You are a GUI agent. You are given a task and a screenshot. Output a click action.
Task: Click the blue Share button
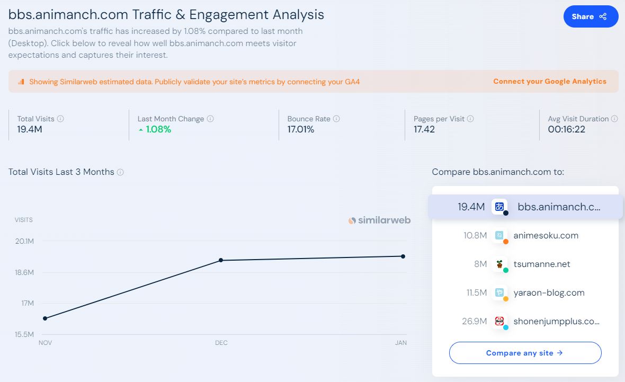coord(591,16)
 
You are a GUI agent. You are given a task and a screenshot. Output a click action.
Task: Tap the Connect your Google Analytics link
coord(549,82)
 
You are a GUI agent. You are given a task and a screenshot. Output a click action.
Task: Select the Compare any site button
coord(525,353)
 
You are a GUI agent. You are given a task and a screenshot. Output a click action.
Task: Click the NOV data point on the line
coord(45,318)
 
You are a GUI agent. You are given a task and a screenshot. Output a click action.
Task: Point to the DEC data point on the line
coord(221,260)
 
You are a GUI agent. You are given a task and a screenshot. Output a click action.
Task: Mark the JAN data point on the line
coord(403,256)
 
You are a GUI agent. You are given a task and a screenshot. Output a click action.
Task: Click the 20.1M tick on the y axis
coord(24,242)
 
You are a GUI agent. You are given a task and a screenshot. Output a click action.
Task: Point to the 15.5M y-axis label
coord(24,335)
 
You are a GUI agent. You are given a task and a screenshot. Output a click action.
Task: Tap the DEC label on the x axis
coord(221,343)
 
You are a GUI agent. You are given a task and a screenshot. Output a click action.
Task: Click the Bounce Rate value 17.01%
coord(300,129)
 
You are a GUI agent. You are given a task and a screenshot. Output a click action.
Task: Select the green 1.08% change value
coord(158,129)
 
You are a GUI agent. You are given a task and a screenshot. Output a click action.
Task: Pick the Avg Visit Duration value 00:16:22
coord(566,129)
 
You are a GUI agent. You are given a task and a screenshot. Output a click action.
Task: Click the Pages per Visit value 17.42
coord(424,129)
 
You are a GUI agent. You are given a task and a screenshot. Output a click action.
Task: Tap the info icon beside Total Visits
coord(60,119)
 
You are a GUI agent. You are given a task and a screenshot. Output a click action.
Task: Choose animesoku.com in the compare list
coord(546,235)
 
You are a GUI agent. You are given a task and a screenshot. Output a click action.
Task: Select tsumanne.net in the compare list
coord(541,264)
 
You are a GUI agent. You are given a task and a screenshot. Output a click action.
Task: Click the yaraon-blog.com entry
coord(549,292)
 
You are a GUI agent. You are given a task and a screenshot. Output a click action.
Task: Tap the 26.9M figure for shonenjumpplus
coord(474,321)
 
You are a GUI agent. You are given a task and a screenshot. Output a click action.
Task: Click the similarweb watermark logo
coord(379,220)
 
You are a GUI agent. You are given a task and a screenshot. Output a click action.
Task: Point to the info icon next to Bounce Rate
coord(336,119)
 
